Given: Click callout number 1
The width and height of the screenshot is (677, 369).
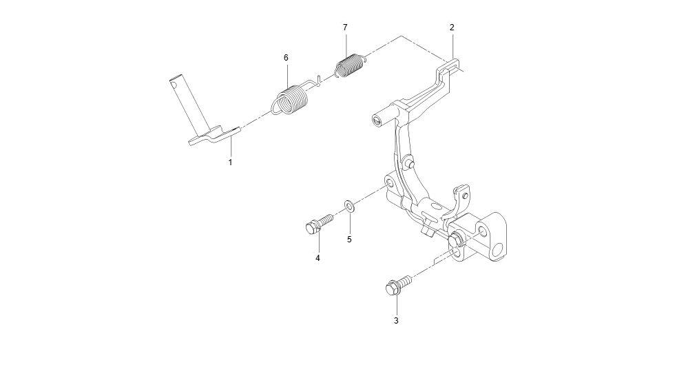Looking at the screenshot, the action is pyautogui.click(x=230, y=162).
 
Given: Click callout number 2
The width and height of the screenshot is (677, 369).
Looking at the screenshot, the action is pyautogui.click(x=452, y=27).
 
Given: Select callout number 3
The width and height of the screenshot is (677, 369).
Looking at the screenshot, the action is pyautogui.click(x=396, y=321).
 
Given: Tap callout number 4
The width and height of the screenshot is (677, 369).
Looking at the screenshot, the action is pyautogui.click(x=317, y=258).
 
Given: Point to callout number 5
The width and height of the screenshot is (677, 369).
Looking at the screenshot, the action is pyautogui.click(x=349, y=239).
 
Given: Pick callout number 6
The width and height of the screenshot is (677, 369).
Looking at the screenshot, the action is pyautogui.click(x=286, y=57).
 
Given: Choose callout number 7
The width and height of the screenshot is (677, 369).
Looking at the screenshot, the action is pyautogui.click(x=345, y=27).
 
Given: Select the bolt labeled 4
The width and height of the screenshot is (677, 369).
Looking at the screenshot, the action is pyautogui.click(x=319, y=222).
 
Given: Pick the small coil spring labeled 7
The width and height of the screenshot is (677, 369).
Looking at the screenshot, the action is pyautogui.click(x=351, y=65).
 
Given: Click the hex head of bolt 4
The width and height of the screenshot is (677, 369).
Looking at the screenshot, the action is pyautogui.click(x=312, y=227).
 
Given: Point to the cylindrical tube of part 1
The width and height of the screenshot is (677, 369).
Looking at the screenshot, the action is pyautogui.click(x=188, y=103).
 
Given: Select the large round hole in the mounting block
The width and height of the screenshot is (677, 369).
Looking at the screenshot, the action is pyautogui.click(x=499, y=250).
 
